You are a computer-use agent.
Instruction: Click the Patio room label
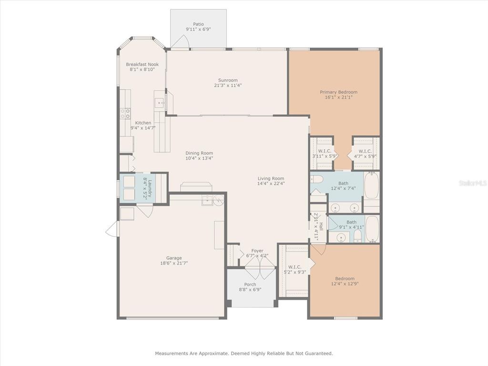click(x=198, y=24)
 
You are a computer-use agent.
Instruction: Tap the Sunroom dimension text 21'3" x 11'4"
click(x=228, y=85)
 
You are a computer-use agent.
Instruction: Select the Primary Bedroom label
click(x=339, y=92)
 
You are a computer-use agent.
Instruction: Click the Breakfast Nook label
click(x=142, y=64)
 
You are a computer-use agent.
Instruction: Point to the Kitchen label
click(x=143, y=123)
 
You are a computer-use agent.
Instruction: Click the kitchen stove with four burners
click(x=125, y=113)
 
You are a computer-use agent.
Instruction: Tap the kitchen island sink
click(x=160, y=102)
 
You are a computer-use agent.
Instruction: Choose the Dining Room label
click(x=199, y=153)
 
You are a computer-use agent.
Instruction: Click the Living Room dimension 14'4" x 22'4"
click(x=271, y=183)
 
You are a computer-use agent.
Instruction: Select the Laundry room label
click(x=150, y=189)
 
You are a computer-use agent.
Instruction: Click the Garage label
click(x=173, y=258)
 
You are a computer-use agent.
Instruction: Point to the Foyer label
click(x=257, y=251)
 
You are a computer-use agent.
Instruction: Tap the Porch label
click(x=250, y=285)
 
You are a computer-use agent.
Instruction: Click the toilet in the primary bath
click(x=317, y=179)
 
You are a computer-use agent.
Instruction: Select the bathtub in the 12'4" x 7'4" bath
click(x=371, y=186)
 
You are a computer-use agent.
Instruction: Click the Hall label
click(x=321, y=226)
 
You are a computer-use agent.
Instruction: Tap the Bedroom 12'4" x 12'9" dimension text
click(x=345, y=284)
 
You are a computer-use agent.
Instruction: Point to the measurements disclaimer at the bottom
click(x=244, y=353)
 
